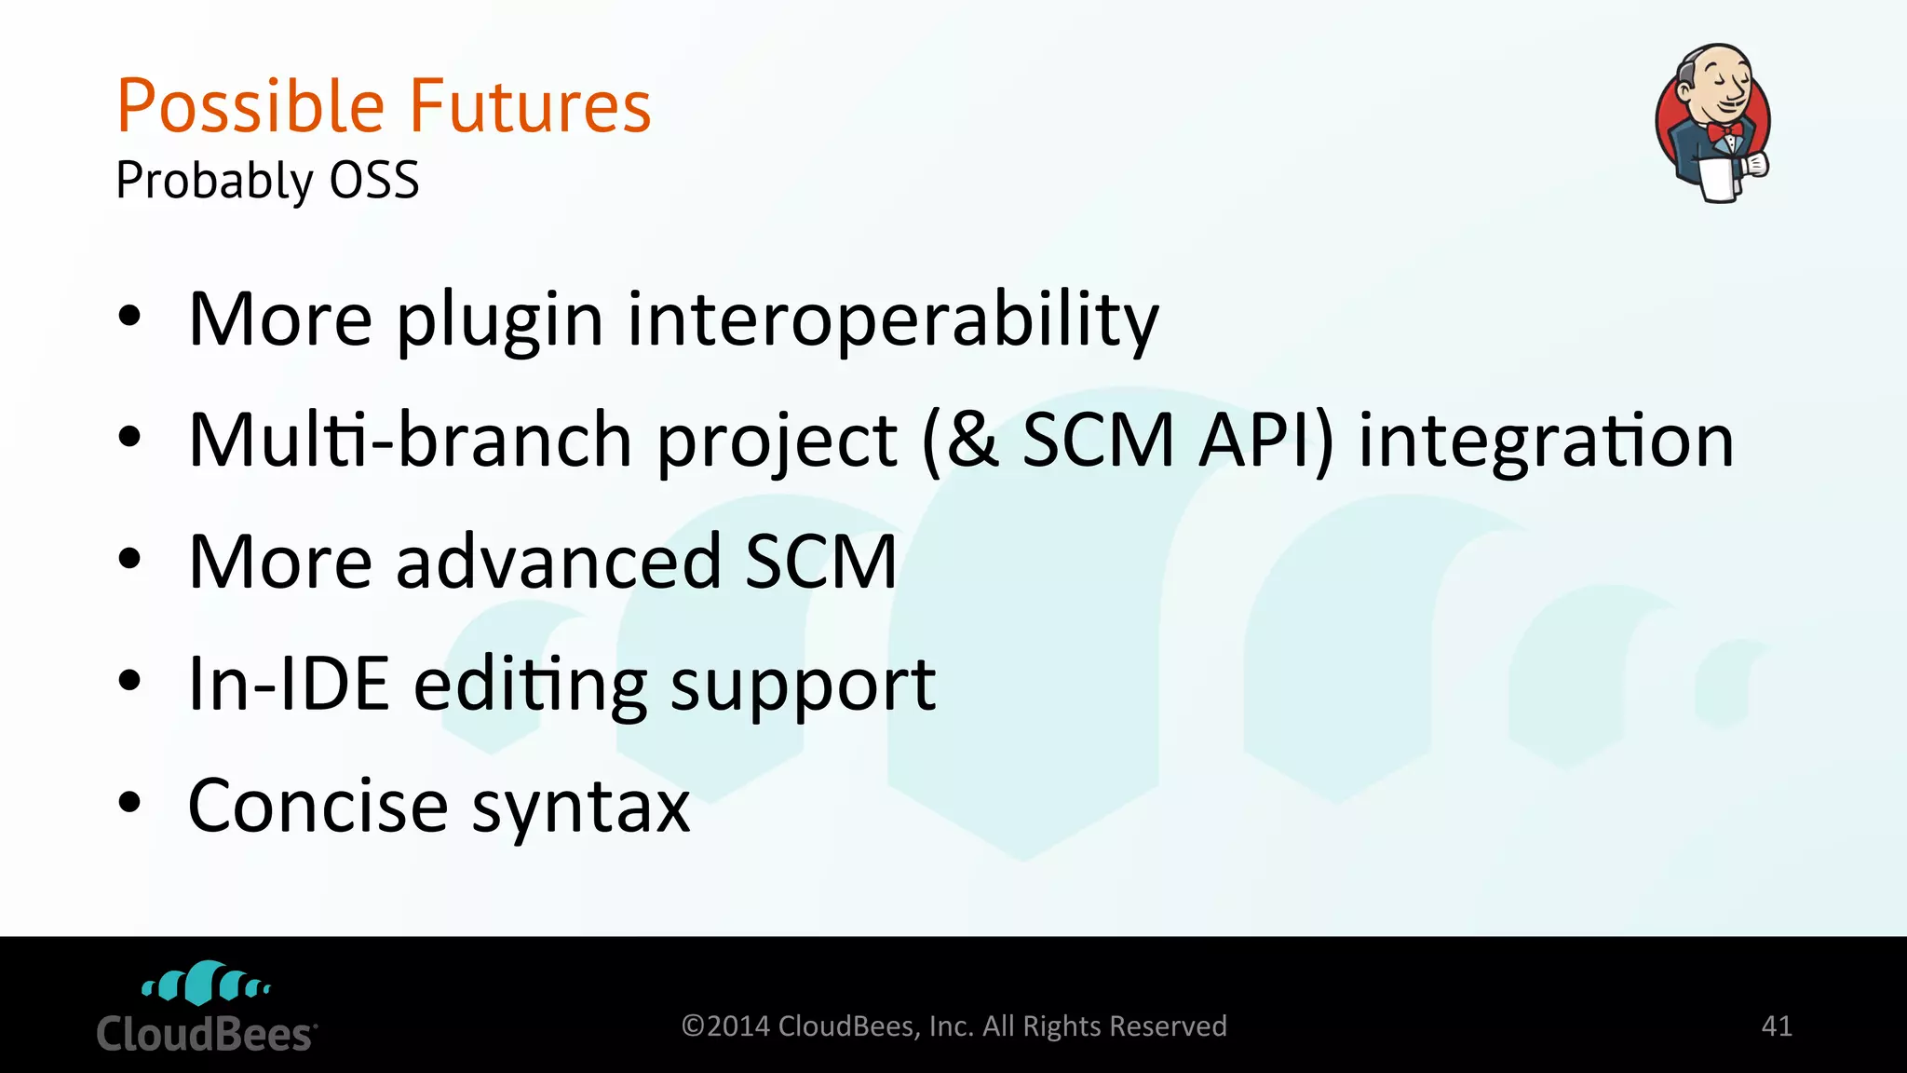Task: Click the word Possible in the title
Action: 250,106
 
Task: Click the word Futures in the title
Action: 530,106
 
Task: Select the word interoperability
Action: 893,319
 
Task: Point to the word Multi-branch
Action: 411,440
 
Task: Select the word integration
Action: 1546,440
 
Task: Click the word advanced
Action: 559,562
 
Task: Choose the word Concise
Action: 318,806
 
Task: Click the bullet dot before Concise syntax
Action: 129,802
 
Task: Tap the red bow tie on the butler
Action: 1724,130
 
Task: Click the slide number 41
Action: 1777,1025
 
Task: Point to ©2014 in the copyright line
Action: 725,1025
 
